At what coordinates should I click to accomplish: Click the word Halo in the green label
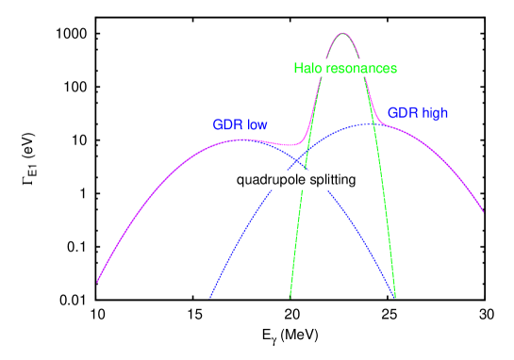pos(307,69)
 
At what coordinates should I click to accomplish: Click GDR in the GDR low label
pos(227,124)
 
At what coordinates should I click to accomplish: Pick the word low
pos(258,124)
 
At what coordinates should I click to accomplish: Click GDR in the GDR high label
pos(403,113)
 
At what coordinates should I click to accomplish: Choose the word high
pos(435,113)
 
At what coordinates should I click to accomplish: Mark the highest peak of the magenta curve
pos(341,33)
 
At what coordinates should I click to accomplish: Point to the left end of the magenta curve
pos(96,281)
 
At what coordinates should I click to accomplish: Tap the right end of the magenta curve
pos(485,213)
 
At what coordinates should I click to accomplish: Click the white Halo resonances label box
pos(345,69)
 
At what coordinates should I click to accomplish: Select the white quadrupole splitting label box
pos(297,179)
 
